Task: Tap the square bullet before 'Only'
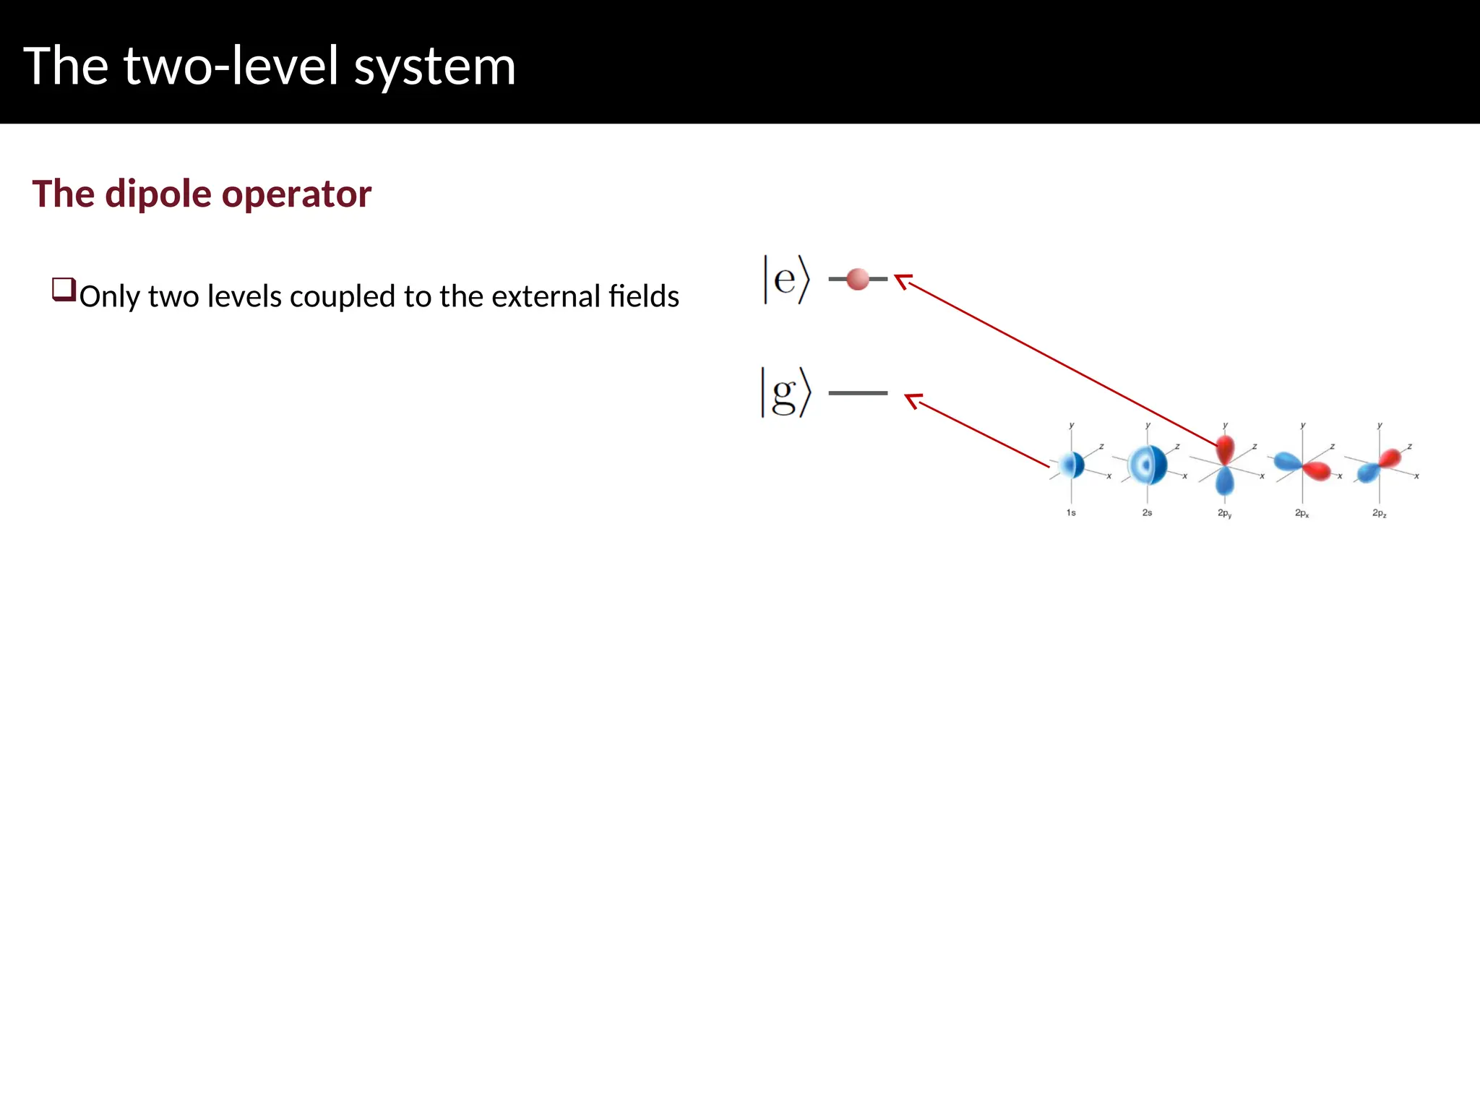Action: [64, 290]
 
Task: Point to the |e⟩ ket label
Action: [786, 279]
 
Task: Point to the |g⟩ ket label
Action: [786, 392]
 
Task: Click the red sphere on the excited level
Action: [857, 279]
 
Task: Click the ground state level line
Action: [858, 393]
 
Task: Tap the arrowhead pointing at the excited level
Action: [902, 280]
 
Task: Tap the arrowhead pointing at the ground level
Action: [913, 400]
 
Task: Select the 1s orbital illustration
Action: [1072, 465]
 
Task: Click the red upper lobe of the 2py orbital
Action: [1225, 449]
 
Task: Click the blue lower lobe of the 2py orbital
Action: [1225, 481]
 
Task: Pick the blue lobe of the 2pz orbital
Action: [1367, 473]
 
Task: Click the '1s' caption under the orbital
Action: [1071, 512]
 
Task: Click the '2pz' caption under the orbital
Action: [1379, 513]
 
